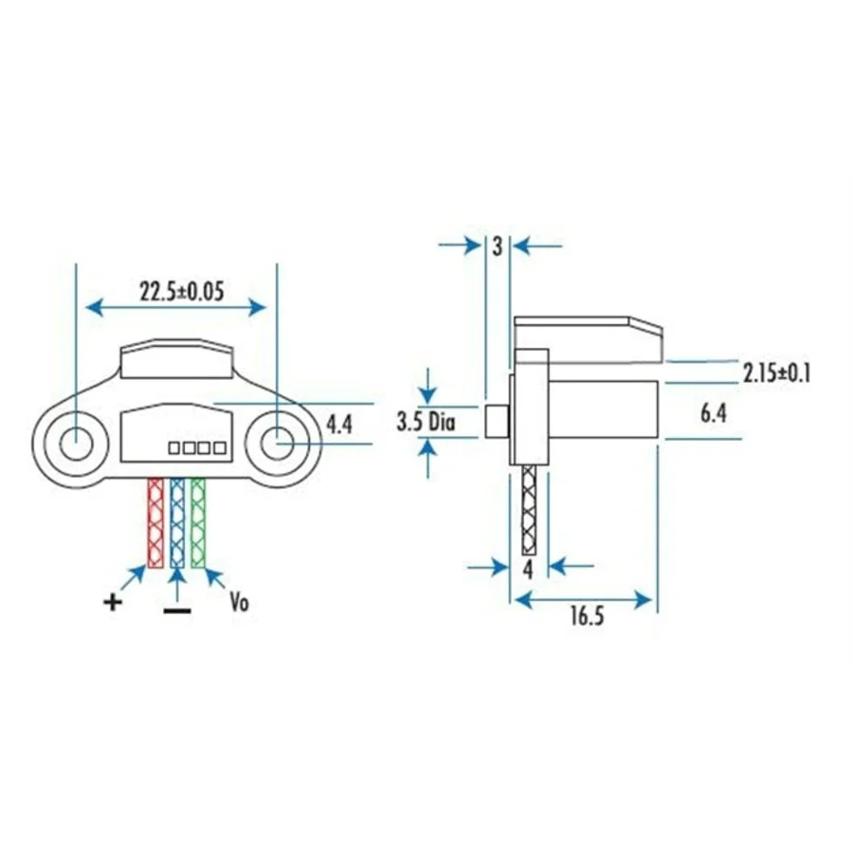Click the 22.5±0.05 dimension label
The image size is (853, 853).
pos(182,292)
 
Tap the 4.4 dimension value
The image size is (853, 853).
pos(338,424)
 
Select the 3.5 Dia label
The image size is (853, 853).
pos(426,422)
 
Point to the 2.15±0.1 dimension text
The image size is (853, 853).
pos(776,373)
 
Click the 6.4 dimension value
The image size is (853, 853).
pos(713,413)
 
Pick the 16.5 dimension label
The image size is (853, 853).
pos(587,616)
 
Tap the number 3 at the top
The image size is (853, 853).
pos(498,246)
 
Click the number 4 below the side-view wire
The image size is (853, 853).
pos(528,571)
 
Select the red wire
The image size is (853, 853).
pos(155,523)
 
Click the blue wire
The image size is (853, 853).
pos(177,523)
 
